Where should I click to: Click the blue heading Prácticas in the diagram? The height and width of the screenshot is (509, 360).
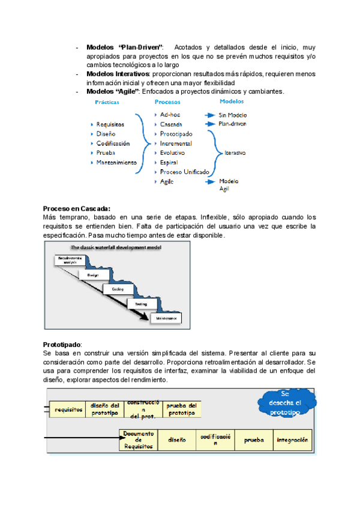(107, 103)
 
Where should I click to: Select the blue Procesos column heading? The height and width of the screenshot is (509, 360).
(167, 103)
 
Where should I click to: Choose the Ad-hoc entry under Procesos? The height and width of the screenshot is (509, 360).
(170, 114)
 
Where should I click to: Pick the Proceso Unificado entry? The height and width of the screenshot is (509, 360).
(185, 172)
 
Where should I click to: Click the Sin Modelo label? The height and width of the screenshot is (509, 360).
(233, 115)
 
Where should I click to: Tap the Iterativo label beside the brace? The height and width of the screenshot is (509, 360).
(235, 153)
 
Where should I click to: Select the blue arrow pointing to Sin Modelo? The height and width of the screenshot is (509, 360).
(209, 115)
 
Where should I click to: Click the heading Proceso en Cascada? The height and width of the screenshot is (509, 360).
(77, 208)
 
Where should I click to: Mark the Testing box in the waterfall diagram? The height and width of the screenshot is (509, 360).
(141, 304)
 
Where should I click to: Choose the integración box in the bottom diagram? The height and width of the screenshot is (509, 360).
(293, 439)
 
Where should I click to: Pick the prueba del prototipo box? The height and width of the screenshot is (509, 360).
(181, 409)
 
